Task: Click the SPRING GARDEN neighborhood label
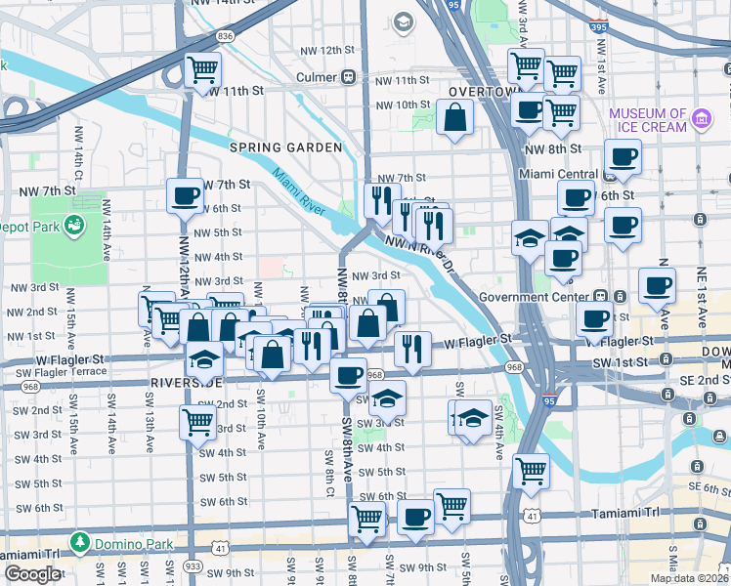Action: (285, 147)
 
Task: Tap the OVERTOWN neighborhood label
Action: (482, 92)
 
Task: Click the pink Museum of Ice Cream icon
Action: (700, 119)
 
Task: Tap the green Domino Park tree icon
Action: (77, 540)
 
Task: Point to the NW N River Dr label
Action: (420, 256)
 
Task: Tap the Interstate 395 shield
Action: (598, 28)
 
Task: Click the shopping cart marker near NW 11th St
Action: (202, 70)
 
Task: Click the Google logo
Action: (32, 574)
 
